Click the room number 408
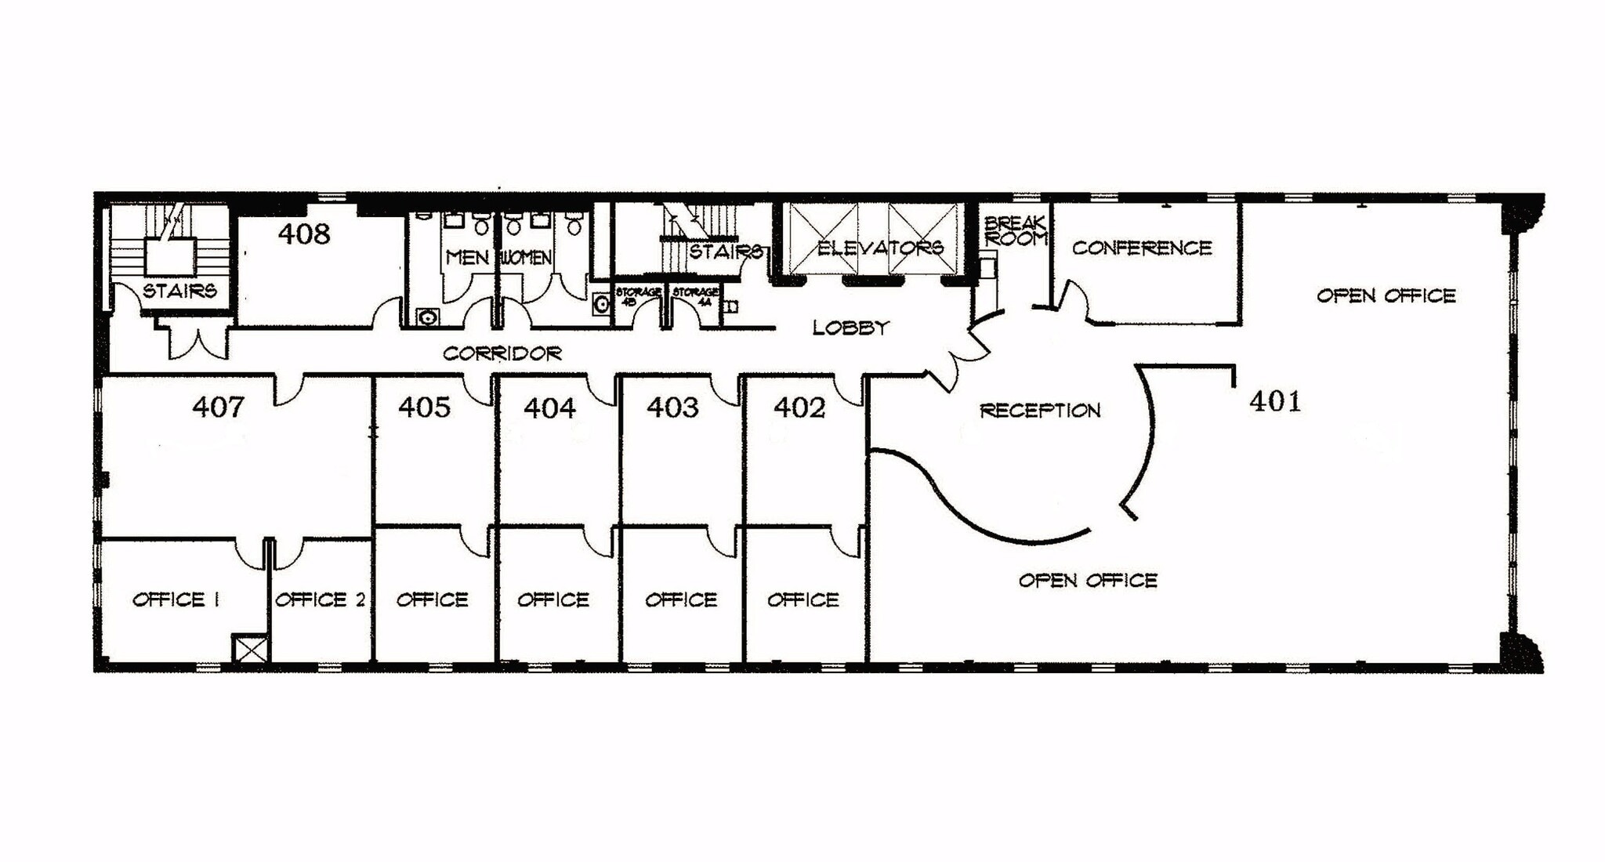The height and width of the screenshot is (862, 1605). tap(304, 234)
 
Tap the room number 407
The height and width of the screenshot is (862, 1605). tap(218, 407)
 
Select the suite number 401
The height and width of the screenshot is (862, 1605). tap(1275, 401)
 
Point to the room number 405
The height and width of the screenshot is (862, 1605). tap(424, 407)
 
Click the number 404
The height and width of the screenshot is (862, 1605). tap(549, 407)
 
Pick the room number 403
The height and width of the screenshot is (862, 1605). tap(672, 407)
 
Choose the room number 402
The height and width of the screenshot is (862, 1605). tap(799, 407)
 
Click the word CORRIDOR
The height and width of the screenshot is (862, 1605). tap(502, 353)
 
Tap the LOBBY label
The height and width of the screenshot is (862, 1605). tap(850, 328)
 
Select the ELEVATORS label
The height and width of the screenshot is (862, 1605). tap(880, 248)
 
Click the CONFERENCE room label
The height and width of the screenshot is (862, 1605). tap(1142, 248)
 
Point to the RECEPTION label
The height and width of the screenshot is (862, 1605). tap(1040, 410)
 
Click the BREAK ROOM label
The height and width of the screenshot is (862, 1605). tap(1015, 231)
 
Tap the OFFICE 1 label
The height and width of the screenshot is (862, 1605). tap(176, 599)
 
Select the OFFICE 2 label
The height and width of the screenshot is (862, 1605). tap(320, 599)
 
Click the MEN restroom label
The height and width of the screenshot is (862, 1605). tap(467, 257)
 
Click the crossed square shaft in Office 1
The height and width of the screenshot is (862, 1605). tap(251, 649)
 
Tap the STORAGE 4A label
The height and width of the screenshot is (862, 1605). tap(694, 295)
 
